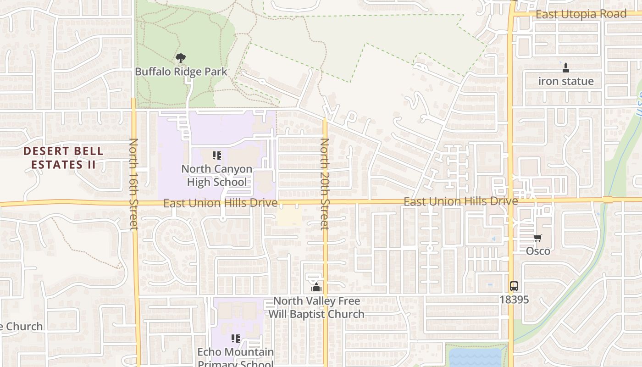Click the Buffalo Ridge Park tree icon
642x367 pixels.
181,58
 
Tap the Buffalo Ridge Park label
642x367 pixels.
181,72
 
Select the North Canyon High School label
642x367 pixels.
216,175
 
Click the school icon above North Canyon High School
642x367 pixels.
217,156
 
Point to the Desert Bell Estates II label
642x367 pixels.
63,157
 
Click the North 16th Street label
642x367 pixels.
133,183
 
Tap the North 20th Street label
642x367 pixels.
325,183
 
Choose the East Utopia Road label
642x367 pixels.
581,14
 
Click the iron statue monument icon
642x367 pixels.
565,68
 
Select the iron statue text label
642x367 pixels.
566,81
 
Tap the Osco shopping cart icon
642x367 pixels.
537,238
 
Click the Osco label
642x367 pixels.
538,251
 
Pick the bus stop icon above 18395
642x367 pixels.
514,286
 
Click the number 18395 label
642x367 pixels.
514,300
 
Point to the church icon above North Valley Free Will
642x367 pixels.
316,287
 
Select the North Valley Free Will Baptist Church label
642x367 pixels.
316,307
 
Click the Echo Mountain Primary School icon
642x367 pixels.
236,339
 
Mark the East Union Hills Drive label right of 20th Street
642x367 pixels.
460,201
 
